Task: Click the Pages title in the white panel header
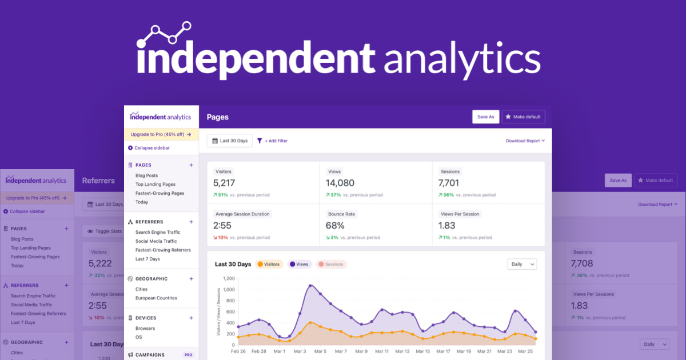point(217,117)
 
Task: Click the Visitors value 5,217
point(224,183)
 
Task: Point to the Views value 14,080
point(340,183)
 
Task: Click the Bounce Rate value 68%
point(335,225)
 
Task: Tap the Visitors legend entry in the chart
point(269,264)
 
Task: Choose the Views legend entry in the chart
point(299,264)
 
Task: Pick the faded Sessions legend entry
point(331,264)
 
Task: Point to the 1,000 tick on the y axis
point(229,290)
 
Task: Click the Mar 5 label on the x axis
point(320,351)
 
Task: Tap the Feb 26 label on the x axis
point(238,351)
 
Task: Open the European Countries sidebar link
point(156,298)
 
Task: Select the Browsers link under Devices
point(145,329)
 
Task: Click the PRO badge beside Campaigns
point(188,355)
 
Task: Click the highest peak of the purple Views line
point(310,285)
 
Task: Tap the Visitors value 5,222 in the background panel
point(100,263)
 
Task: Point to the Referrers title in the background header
point(98,181)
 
